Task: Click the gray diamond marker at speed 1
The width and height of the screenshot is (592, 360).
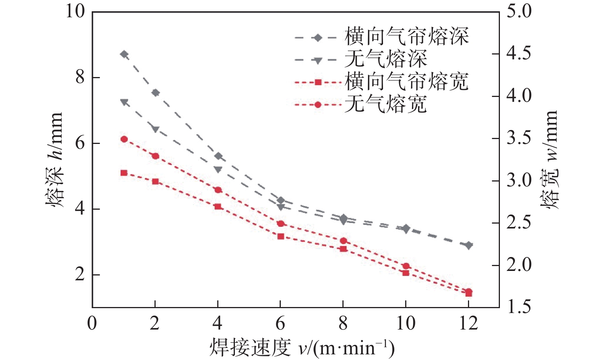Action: coord(124,54)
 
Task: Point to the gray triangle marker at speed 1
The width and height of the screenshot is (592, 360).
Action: coord(124,102)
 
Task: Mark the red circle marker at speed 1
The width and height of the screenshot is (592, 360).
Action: coord(124,139)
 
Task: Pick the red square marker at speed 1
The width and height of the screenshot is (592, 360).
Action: coord(124,173)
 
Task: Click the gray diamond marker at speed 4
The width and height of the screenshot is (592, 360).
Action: coord(218,156)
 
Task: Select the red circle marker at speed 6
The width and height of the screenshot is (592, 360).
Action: coord(280,224)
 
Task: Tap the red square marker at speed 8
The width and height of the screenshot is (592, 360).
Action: coord(343,249)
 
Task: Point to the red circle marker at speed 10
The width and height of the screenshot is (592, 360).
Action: coord(406,266)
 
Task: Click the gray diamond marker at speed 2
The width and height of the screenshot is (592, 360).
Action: coord(156,92)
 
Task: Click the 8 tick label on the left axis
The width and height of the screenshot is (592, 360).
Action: coord(80,77)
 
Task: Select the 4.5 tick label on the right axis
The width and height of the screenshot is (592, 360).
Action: coord(519,54)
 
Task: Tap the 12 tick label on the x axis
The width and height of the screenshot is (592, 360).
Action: coord(468,324)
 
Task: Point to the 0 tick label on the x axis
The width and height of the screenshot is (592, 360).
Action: coord(92,324)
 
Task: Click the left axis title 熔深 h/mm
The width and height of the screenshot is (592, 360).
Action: coord(54,160)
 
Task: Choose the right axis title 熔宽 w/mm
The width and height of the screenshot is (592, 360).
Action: coord(549,160)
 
